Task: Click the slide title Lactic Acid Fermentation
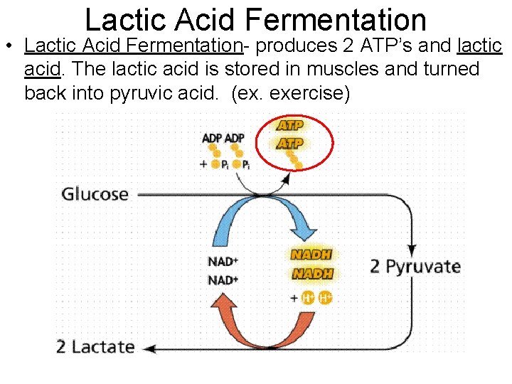[x=255, y=19]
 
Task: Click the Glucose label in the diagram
[x=95, y=194]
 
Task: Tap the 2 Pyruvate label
[x=415, y=267]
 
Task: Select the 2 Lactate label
[x=95, y=347]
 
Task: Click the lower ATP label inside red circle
[x=290, y=143]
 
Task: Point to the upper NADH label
[x=311, y=254]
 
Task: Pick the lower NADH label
[x=311, y=274]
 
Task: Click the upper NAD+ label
[x=223, y=262]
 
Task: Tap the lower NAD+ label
[x=223, y=280]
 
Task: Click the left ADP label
[x=212, y=138]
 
